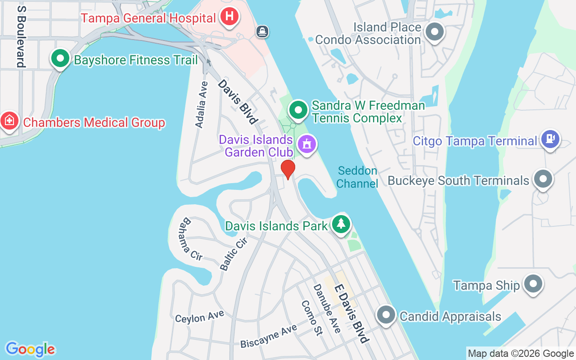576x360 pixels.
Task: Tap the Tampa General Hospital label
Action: pos(148,18)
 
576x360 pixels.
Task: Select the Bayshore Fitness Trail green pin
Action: pos(59,59)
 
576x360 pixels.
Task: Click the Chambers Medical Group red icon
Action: pos(9,121)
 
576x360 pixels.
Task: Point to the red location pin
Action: pos(288,169)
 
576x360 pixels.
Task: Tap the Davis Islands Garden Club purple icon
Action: pos(307,144)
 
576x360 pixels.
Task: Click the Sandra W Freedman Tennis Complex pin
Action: pos(297,109)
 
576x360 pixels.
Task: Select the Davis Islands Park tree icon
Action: pos(341,223)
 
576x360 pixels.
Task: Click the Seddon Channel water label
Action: pos(357,177)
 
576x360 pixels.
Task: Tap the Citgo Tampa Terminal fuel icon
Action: pos(550,139)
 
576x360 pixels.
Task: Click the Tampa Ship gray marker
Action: pos(533,284)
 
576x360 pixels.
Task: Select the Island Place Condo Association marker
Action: pos(435,32)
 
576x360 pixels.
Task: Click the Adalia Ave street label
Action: pos(202,104)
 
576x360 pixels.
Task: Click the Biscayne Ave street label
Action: pos(269,336)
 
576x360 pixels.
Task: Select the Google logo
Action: pos(30,349)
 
